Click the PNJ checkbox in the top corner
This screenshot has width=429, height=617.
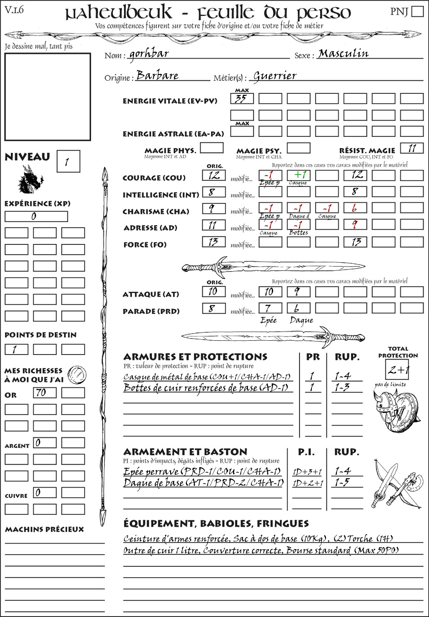[417, 11]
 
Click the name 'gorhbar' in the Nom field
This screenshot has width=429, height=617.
[149, 54]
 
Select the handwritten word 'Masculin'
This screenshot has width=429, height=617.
[343, 54]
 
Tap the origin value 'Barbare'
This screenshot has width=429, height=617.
[158, 76]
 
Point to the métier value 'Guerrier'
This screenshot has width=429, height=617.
[275, 76]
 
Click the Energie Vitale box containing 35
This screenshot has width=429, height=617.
[242, 99]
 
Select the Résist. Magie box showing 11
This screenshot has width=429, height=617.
[411, 148]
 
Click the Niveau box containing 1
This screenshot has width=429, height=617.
[68, 162]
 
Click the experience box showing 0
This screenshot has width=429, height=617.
[36, 216]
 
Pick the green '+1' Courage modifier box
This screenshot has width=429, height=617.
[298, 175]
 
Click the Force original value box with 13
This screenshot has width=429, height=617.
[214, 242]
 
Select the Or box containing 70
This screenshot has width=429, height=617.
[44, 393]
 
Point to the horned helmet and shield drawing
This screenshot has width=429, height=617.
[395, 409]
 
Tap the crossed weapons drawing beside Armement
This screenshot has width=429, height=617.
[396, 484]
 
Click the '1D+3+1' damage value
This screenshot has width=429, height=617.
[307, 472]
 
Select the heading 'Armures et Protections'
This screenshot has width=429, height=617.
[195, 357]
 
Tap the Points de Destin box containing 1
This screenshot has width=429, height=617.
[16, 350]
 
